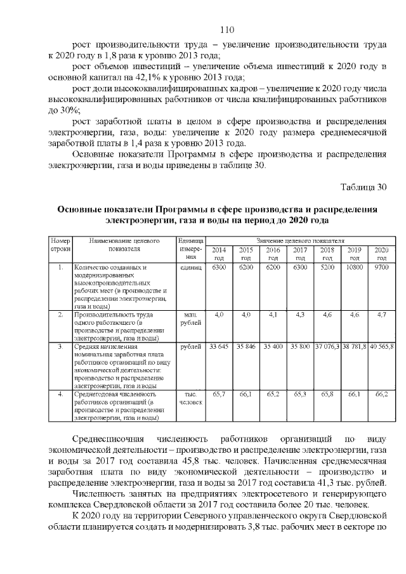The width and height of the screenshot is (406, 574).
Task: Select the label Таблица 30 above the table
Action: click(363, 187)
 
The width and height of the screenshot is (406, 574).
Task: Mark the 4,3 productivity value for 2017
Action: click(300, 315)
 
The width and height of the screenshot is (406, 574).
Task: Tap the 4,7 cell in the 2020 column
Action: click(382, 315)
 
